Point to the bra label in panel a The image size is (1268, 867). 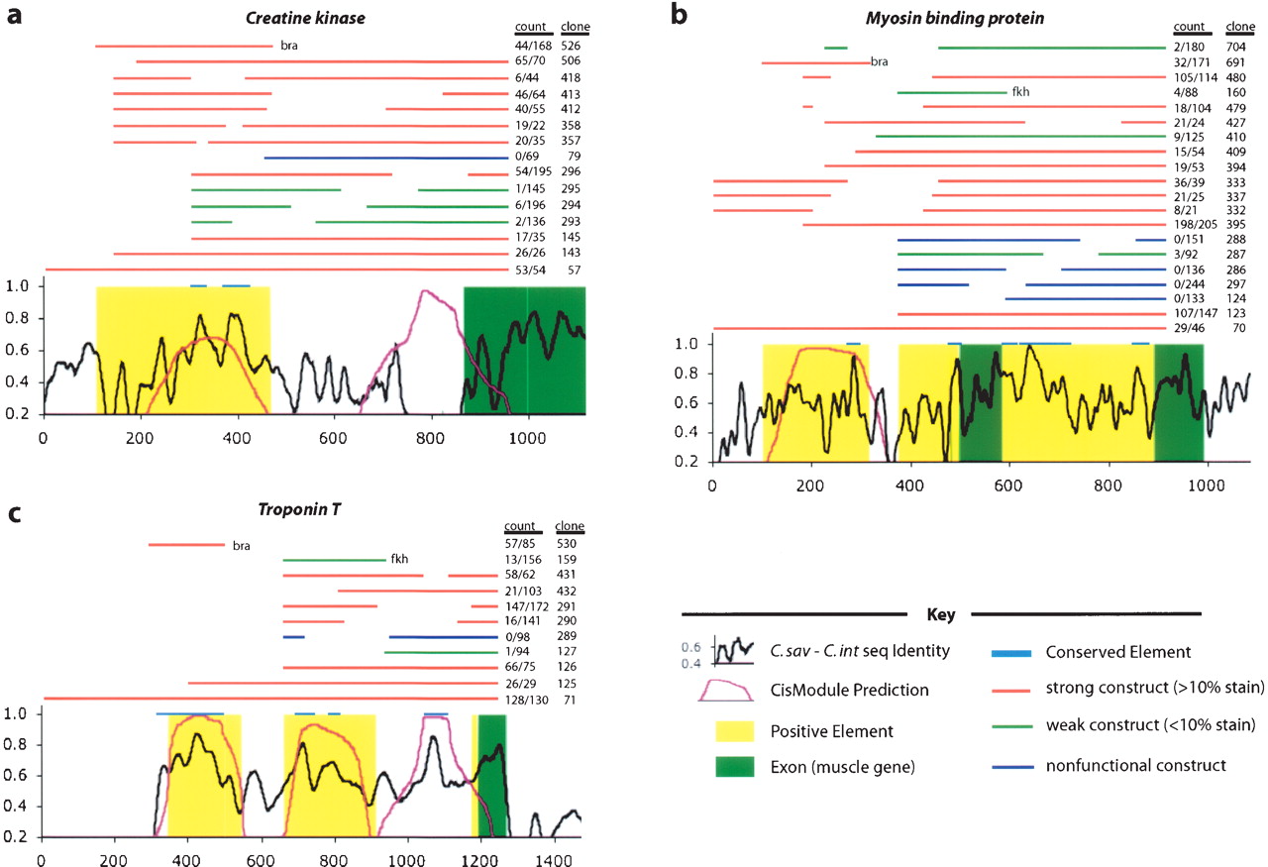tap(289, 46)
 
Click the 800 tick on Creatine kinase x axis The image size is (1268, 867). tap(430, 431)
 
